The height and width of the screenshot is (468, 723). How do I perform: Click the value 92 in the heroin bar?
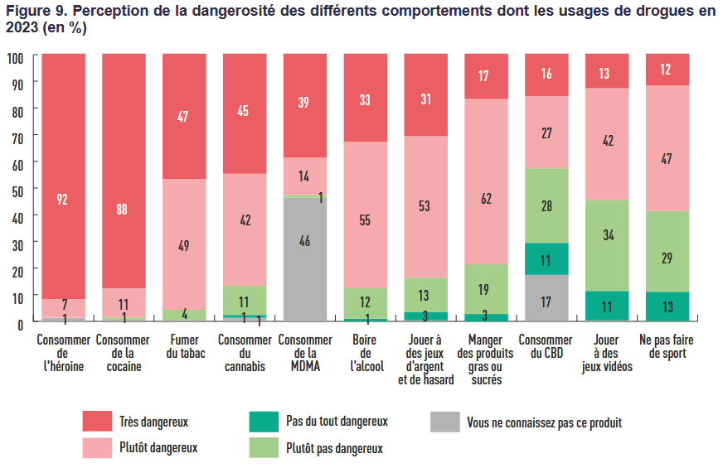[x=62, y=199]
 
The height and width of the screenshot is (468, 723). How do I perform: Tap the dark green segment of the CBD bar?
[x=546, y=259]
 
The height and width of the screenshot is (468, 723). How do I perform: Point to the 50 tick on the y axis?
[x=16, y=189]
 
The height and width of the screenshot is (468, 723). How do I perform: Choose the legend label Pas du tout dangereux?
[x=337, y=421]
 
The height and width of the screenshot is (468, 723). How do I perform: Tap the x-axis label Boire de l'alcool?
[x=365, y=353]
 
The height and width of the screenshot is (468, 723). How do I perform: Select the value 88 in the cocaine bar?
[x=122, y=210]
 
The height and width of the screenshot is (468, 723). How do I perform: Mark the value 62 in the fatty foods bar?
[x=485, y=199]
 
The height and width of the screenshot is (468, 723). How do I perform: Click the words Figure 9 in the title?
[x=34, y=13]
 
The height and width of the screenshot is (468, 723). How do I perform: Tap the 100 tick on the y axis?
[x=14, y=57]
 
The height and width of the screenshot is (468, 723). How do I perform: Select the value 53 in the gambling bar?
[x=425, y=206]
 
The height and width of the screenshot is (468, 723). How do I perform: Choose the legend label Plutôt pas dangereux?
[x=334, y=448]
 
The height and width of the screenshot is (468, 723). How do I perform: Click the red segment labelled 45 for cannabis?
[x=244, y=111]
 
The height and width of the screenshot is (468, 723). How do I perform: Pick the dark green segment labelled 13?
[x=667, y=307]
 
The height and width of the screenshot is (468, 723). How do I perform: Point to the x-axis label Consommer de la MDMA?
[x=304, y=353]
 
